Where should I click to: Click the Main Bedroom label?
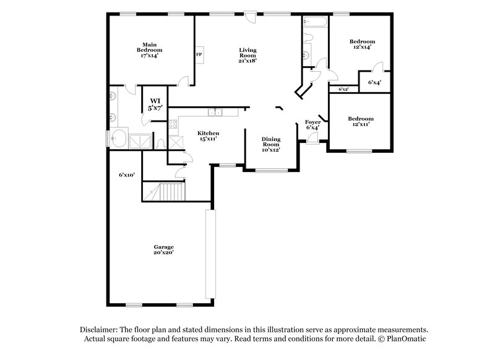point(148,49)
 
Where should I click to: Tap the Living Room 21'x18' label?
point(248,55)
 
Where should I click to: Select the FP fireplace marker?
point(199,54)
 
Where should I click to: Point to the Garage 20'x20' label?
point(163,249)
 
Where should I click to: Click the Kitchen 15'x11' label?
point(208,136)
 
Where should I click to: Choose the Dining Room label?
point(271,144)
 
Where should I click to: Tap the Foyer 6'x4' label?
point(312,124)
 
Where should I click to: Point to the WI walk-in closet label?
point(155,104)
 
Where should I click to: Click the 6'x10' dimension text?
point(127,175)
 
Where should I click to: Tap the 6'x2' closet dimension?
point(343,89)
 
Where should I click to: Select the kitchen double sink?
point(215,112)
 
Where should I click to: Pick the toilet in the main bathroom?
point(160,144)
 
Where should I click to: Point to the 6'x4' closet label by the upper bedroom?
point(374,82)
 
